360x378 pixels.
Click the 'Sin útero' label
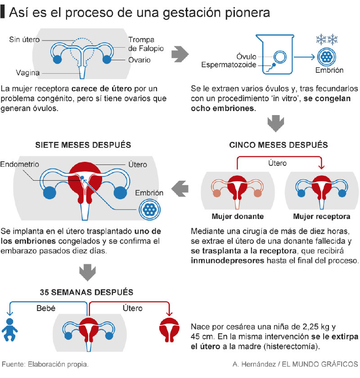[x=24, y=40]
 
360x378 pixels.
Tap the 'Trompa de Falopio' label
[x=146, y=44]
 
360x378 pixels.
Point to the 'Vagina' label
[x=28, y=72]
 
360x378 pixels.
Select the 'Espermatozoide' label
[x=229, y=65]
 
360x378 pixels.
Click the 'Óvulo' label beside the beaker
[x=246, y=57]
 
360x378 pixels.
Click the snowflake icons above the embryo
[x=327, y=40]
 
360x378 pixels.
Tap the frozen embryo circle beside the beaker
[x=327, y=57]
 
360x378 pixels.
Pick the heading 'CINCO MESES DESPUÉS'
[x=279, y=145]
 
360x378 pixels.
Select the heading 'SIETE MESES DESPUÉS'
[x=83, y=145]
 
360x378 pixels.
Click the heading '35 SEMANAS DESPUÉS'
[x=86, y=292]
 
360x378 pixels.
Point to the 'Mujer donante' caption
[x=238, y=216]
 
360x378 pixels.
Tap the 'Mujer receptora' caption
[x=322, y=216]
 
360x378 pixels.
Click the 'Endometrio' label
[x=19, y=164]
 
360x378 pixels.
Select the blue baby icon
[x=9, y=330]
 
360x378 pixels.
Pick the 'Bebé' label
[x=46, y=308]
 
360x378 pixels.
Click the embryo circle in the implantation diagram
[x=149, y=209]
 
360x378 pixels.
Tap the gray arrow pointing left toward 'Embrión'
[x=180, y=188]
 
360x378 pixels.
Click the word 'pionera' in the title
[x=247, y=13]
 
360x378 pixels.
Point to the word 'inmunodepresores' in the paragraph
[x=228, y=261]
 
